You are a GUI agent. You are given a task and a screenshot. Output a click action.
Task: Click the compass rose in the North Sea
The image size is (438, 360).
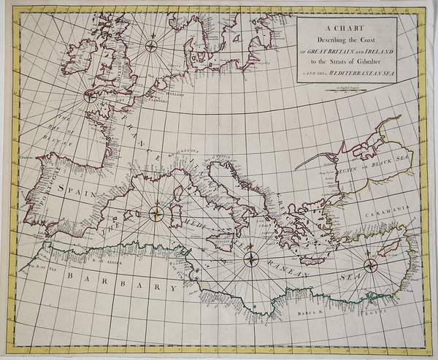[x=153, y=47]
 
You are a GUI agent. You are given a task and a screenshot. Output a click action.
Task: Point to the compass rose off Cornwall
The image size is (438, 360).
[x=91, y=95]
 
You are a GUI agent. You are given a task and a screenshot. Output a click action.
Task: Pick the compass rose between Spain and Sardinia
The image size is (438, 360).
[x=157, y=213]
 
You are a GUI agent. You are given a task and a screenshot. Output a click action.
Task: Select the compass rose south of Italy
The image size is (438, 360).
[x=251, y=256]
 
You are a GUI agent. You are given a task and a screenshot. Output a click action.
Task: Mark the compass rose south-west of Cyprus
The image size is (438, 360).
[x=369, y=264]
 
